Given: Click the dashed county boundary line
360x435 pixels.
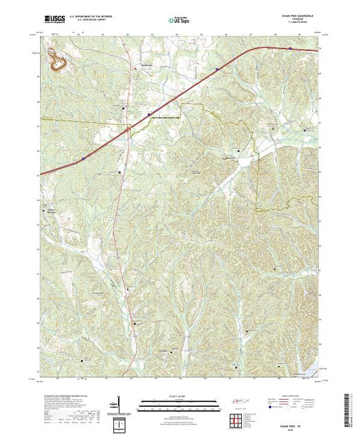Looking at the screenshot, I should [x=256, y=173].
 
